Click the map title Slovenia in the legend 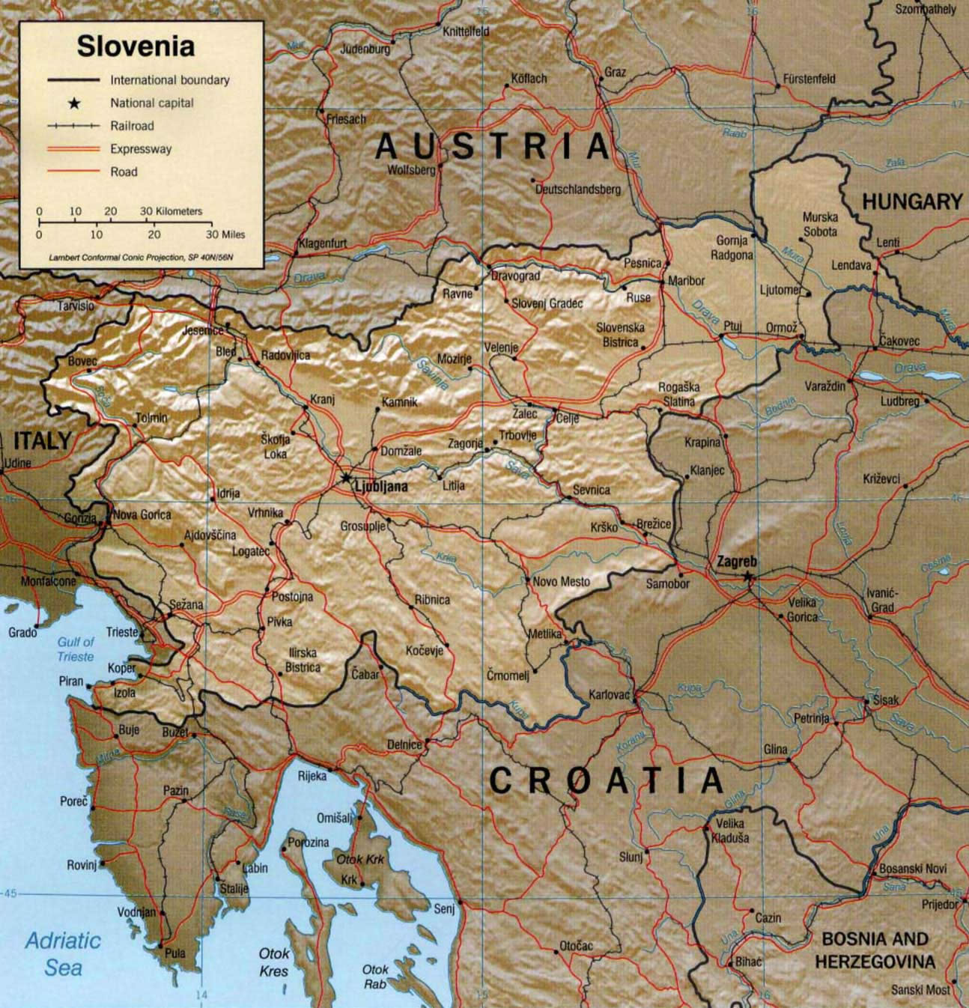coord(136,46)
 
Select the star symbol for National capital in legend coord(73,103)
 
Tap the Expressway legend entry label coord(141,149)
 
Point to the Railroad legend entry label coord(132,126)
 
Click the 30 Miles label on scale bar coord(224,234)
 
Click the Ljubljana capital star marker coord(345,477)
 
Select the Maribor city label coord(686,281)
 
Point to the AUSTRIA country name coord(493,146)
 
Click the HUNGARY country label coord(911,201)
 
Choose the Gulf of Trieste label coord(76,649)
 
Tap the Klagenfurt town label coord(322,243)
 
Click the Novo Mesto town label coord(561,581)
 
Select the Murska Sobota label coord(820,225)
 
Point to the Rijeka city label coord(312,776)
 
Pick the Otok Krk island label coord(360,859)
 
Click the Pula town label coord(174,953)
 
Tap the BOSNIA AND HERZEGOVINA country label coord(875,950)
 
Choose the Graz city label coord(615,73)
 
